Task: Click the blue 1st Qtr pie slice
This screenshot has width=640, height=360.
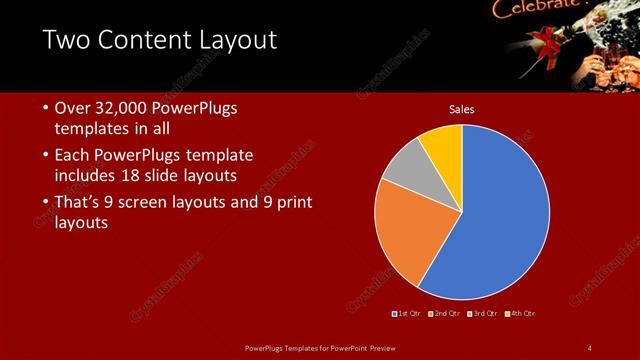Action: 500,210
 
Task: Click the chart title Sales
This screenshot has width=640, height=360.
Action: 462,109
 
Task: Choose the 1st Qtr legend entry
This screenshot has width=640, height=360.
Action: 408,314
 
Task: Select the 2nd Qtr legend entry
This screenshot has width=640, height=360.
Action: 444,314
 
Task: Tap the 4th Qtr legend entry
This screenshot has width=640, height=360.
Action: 519,314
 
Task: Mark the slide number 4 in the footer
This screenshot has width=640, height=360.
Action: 590,348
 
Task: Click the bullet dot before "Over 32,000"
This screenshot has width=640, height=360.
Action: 46,107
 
